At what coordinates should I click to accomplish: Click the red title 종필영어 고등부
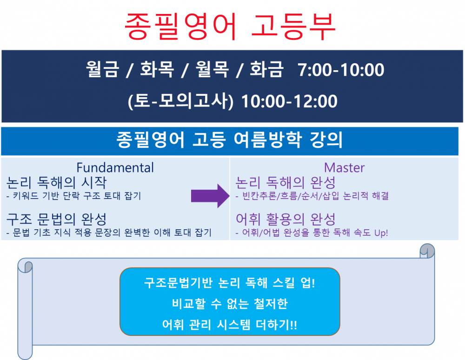pyautogui.click(x=230, y=27)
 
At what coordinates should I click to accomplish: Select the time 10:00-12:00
pyautogui.click(x=289, y=101)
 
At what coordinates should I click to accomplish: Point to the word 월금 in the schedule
pyautogui.click(x=103, y=70)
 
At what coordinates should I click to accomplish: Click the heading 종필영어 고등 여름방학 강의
pyautogui.click(x=230, y=140)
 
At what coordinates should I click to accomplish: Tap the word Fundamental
pyautogui.click(x=115, y=167)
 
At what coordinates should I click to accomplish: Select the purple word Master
pyautogui.click(x=344, y=167)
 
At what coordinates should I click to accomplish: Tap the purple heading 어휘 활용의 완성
pyautogui.click(x=286, y=219)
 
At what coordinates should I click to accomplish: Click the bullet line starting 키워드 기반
pyautogui.click(x=74, y=196)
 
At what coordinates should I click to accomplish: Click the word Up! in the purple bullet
pyautogui.click(x=380, y=233)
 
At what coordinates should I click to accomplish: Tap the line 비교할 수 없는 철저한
pyautogui.click(x=230, y=304)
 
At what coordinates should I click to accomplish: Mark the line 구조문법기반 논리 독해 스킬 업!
pyautogui.click(x=230, y=283)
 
